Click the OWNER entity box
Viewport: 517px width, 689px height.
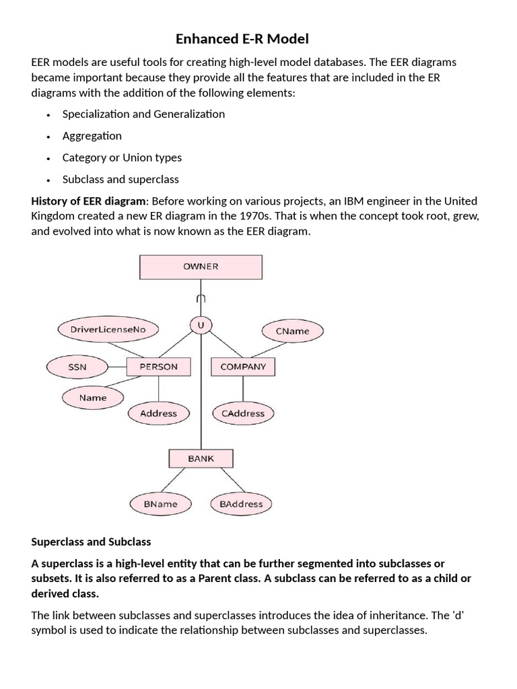pyautogui.click(x=201, y=266)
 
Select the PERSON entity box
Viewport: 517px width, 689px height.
pyautogui.click(x=159, y=367)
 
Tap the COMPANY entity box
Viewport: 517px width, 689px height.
pyautogui.click(x=243, y=367)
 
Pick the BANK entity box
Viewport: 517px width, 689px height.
pyautogui.click(x=201, y=459)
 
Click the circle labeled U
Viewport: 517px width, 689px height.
pyautogui.click(x=200, y=326)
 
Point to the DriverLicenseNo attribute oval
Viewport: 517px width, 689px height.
pyautogui.click(x=108, y=330)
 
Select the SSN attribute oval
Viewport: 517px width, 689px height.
pyautogui.click(x=77, y=367)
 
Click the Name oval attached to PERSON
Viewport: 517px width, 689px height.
pyautogui.click(x=93, y=398)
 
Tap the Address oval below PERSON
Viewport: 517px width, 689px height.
pyautogui.click(x=159, y=414)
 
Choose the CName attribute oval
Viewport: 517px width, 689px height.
pyautogui.click(x=293, y=331)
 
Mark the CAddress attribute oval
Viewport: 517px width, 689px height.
pyautogui.click(x=243, y=414)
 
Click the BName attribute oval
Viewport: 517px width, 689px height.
pyautogui.click(x=161, y=503)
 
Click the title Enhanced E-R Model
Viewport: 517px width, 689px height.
pyautogui.click(x=242, y=39)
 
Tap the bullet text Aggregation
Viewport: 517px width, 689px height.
pyautogui.click(x=92, y=136)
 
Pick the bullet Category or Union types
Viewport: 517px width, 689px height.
pyautogui.click(x=122, y=157)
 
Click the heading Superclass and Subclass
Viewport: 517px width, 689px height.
pyautogui.click(x=91, y=542)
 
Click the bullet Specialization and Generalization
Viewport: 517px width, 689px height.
pyautogui.click(x=143, y=114)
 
